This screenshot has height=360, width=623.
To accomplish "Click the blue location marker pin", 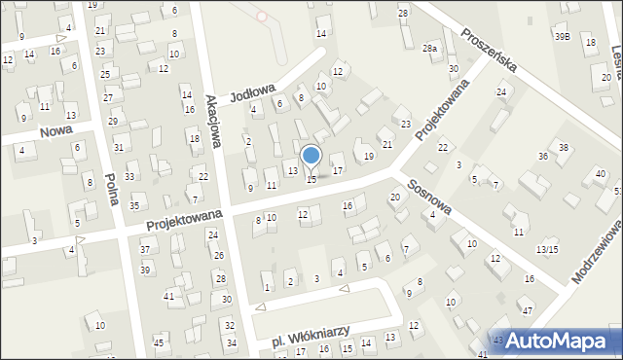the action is point(311,156).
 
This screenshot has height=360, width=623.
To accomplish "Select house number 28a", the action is point(429,48).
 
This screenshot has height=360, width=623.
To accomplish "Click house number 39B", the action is point(563,36).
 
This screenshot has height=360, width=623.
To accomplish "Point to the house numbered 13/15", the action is point(547,250).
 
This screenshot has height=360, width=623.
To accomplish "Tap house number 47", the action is point(527,310).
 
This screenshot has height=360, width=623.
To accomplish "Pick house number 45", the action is point(158,342).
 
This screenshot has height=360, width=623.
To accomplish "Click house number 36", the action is point(543,157).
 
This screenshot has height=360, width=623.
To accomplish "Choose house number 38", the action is point(563,148).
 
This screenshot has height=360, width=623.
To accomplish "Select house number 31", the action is point(118,148).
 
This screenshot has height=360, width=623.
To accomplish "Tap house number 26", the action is point(220,255).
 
